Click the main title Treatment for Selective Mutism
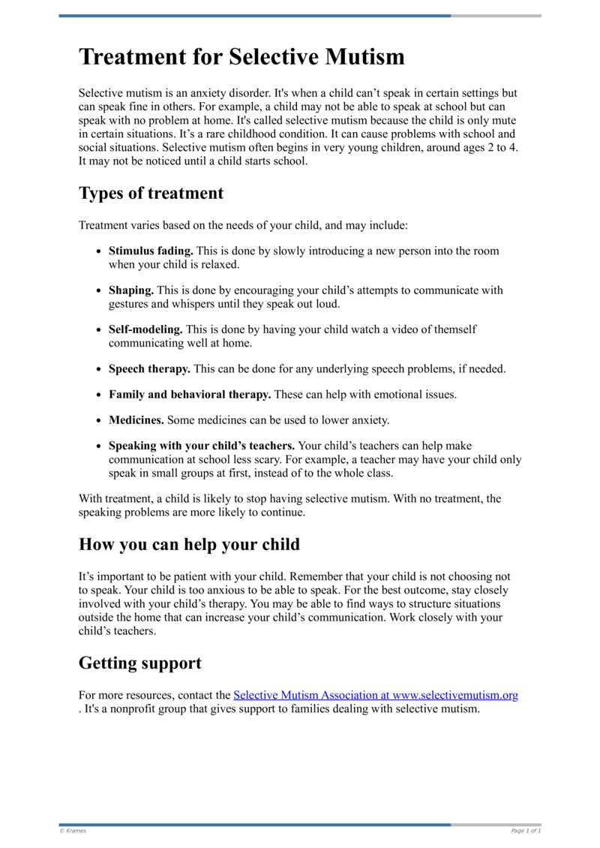241,57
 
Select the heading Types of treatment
151,193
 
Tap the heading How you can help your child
189,544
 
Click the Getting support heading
139,663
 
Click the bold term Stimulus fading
151,251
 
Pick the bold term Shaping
131,290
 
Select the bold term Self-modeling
145,329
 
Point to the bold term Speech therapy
149,368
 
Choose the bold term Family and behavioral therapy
190,394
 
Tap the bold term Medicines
136,419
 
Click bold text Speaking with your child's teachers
201,445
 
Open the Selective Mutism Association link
376,695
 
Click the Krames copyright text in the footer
73,831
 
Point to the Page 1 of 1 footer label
526,831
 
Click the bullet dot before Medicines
99,420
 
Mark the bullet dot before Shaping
99,290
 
